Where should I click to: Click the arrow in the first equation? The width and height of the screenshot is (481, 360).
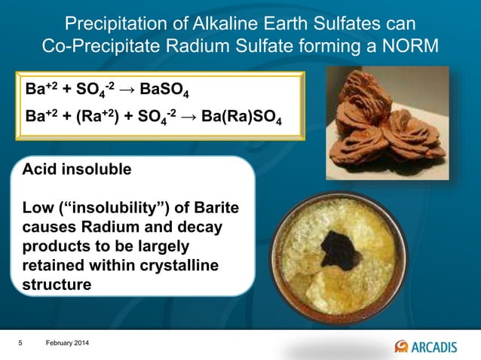pos(127,93)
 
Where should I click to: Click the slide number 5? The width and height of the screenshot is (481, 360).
pos(21,343)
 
